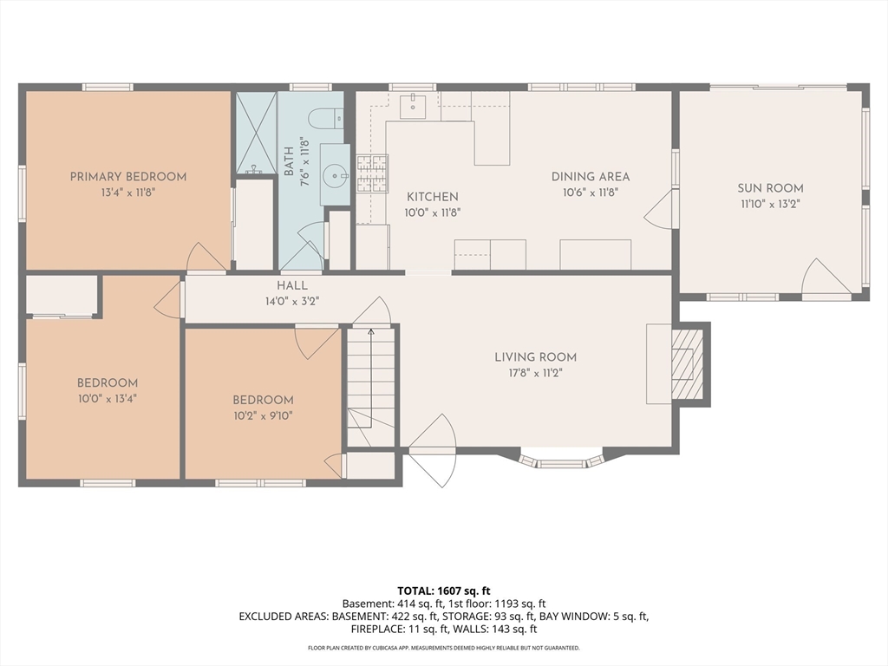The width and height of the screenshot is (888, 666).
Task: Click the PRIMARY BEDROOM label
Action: click(128, 177)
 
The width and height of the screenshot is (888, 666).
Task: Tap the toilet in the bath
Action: click(326, 118)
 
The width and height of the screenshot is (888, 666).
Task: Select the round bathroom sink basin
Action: click(335, 175)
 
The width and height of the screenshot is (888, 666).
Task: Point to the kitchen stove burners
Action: click(372, 173)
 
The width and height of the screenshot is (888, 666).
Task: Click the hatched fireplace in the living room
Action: click(688, 363)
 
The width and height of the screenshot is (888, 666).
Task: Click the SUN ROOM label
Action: click(770, 188)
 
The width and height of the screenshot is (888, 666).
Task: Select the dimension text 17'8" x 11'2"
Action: click(535, 373)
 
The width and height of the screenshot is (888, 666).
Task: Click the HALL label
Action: click(292, 285)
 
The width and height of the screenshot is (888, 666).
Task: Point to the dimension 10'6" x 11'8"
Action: click(590, 193)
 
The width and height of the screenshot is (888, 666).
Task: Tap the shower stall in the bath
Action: click(256, 133)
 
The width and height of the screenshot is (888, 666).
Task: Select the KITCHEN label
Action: click(433, 197)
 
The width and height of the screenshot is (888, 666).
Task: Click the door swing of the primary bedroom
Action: click(206, 257)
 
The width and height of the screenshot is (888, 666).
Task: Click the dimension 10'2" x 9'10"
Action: click(263, 416)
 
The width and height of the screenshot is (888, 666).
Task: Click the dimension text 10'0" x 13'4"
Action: click(108, 399)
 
